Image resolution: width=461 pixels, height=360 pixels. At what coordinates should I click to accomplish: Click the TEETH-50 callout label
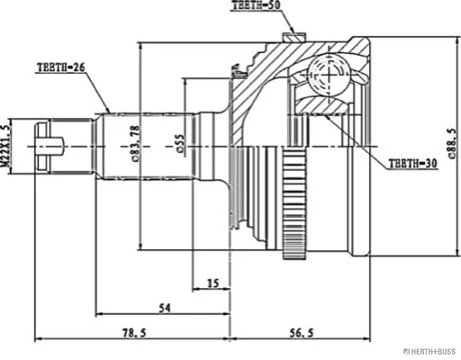point(257,5)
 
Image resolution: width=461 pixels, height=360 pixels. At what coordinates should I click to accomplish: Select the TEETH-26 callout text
point(61,67)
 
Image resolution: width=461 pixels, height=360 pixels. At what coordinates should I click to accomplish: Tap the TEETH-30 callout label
point(413,164)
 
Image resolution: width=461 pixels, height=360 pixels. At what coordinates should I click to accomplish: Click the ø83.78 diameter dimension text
point(135,143)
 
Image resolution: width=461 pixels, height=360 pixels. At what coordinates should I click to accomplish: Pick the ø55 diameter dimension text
point(181,144)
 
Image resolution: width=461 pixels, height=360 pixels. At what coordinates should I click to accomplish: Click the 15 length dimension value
point(213,283)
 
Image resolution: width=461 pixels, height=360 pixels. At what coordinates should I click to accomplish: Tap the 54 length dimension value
point(164,308)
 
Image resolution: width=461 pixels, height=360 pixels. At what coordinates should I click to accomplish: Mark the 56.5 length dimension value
point(302,332)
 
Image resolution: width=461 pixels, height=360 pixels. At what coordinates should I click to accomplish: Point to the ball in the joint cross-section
point(330,75)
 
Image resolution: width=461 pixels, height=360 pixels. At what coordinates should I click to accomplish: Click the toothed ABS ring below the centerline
point(294,203)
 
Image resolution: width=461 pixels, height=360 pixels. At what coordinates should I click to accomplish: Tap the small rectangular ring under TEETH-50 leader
point(294,38)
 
